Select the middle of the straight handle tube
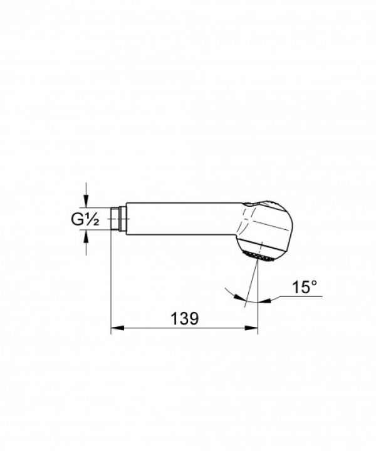182,219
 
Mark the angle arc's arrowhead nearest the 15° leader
266,300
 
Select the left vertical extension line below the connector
111,282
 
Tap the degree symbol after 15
315,284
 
